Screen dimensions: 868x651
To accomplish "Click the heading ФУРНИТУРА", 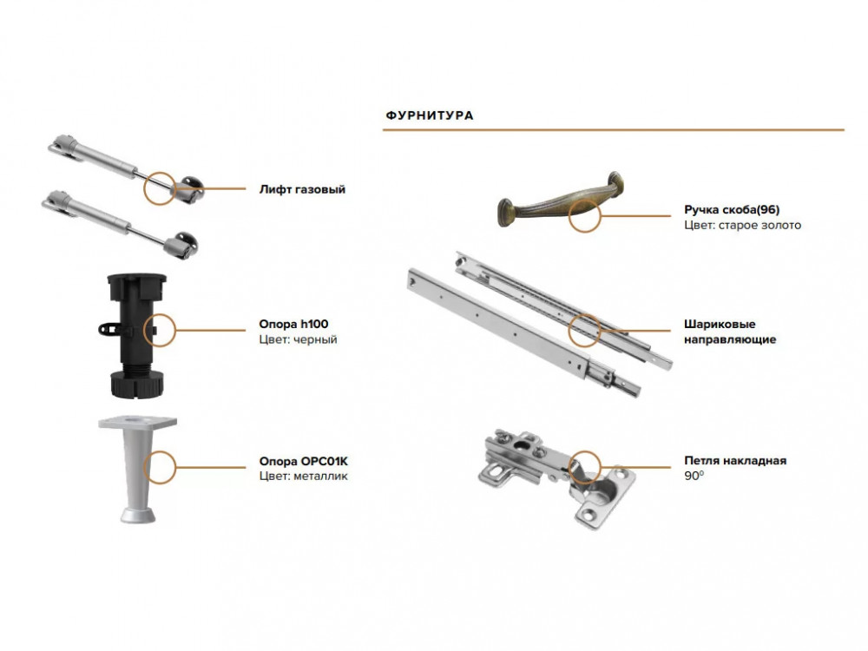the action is pyautogui.click(x=430, y=115).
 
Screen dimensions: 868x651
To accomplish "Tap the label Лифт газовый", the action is pyautogui.click(x=302, y=189).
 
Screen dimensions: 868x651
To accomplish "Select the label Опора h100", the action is pyautogui.click(x=293, y=324).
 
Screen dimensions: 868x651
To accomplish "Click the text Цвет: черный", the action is pyautogui.click(x=298, y=339).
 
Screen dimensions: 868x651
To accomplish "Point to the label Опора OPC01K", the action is pyautogui.click(x=303, y=461).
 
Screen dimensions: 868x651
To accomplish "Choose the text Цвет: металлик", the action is pyautogui.click(x=303, y=476).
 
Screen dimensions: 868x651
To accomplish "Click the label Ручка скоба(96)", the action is pyautogui.click(x=732, y=210).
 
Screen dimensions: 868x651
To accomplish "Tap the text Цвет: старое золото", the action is pyautogui.click(x=742, y=226).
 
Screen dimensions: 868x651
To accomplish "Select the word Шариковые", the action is pyautogui.click(x=720, y=325).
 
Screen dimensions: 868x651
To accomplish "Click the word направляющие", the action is pyautogui.click(x=730, y=339).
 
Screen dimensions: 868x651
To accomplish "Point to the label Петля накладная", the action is pyautogui.click(x=735, y=461).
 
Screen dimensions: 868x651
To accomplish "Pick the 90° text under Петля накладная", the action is pyautogui.click(x=694, y=476).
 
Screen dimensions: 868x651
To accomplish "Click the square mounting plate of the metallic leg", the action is pyautogui.click(x=138, y=423).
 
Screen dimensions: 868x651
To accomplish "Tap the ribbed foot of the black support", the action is pyautogui.click(x=137, y=385).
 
